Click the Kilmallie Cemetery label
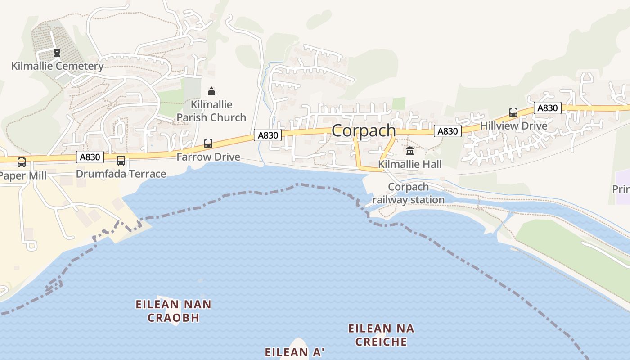pos(57,66)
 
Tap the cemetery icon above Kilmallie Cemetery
pos(57,53)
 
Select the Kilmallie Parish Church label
pos(211,111)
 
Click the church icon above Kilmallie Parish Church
pos(211,92)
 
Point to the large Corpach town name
pos(364,130)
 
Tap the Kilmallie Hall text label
pos(410,164)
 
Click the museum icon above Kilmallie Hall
pos(410,151)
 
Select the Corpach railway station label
pos(409,193)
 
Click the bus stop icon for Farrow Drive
pos(208,144)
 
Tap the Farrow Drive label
pos(208,157)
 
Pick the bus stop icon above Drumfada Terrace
pos(121,160)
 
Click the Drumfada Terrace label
pos(121,174)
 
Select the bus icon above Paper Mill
pos(21,162)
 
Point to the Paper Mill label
pos(22,175)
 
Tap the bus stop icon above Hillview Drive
pos(513,112)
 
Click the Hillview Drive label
pos(513,126)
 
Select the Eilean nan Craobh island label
pos(174,311)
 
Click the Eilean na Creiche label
pos(381,335)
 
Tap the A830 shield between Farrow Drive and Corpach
pos(268,135)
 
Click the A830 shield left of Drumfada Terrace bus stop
pos(90,157)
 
